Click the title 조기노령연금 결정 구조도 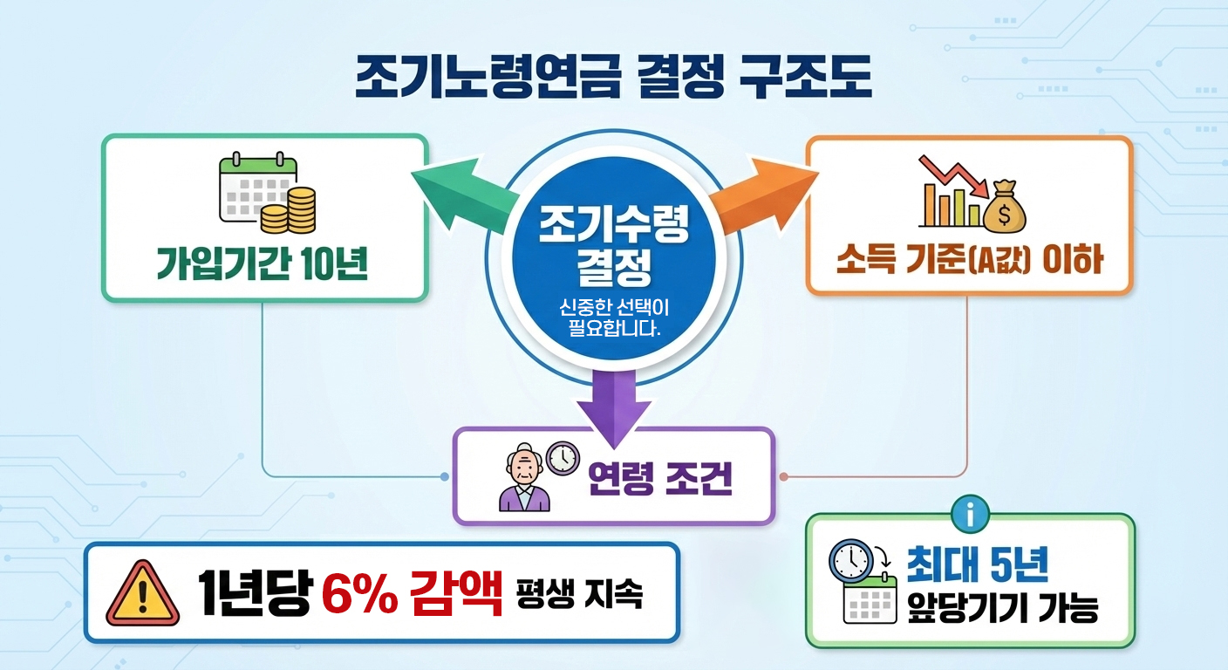(x=613, y=79)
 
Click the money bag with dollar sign (x=1004, y=208)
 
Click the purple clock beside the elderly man (x=563, y=457)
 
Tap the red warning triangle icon (x=142, y=595)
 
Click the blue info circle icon (x=972, y=515)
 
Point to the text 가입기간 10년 (x=262, y=264)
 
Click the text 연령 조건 (x=658, y=477)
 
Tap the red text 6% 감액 (x=412, y=594)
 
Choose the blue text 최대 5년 (x=978, y=565)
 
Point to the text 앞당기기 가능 (x=1002, y=608)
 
